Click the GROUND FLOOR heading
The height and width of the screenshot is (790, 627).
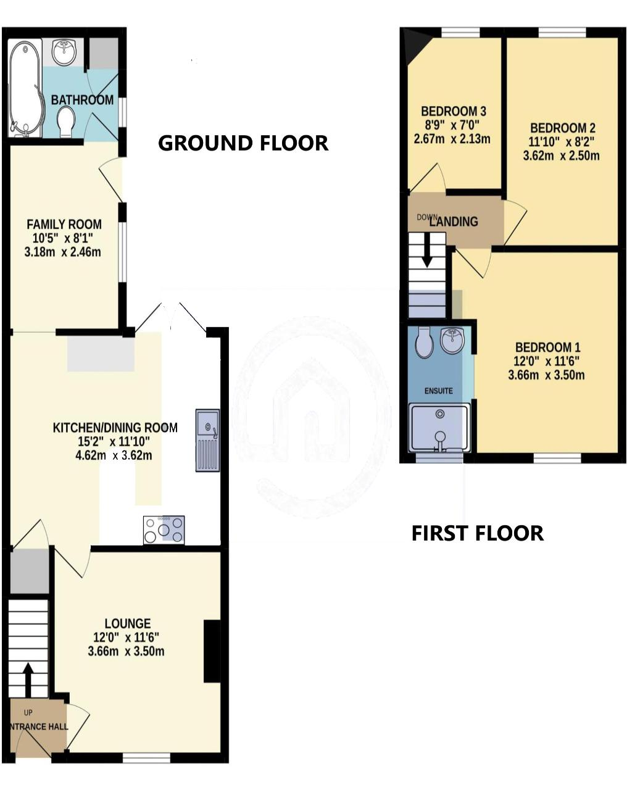pyautogui.click(x=243, y=143)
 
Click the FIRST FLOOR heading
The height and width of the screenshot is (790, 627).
pyautogui.click(x=478, y=533)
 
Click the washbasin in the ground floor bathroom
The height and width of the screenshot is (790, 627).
pyautogui.click(x=64, y=52)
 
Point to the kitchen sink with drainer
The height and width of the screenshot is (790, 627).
pyautogui.click(x=207, y=440)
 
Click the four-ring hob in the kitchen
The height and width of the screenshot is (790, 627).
pyautogui.click(x=164, y=530)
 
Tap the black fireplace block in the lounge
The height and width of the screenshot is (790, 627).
pyautogui.click(x=212, y=651)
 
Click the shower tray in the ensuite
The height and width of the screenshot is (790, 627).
pyautogui.click(x=439, y=428)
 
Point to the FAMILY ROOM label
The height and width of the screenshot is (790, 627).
pyautogui.click(x=64, y=224)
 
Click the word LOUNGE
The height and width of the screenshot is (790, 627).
pyautogui.click(x=127, y=623)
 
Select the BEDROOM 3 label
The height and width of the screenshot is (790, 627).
pyautogui.click(x=454, y=111)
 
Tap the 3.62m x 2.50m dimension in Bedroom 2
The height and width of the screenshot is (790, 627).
pyautogui.click(x=562, y=156)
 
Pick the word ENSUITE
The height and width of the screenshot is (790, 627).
pyautogui.click(x=438, y=391)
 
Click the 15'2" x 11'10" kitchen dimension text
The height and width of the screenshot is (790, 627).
pyautogui.click(x=114, y=442)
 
